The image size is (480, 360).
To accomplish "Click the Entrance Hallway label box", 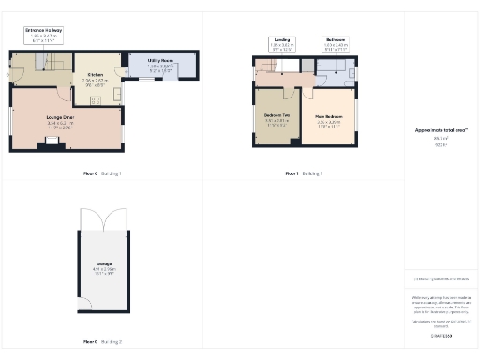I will [44, 35].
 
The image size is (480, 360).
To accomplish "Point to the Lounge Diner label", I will [60, 118].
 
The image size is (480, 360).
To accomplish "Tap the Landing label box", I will [282, 42].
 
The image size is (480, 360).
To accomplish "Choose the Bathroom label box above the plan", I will [336, 42].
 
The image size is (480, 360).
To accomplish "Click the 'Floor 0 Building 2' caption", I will [102, 341].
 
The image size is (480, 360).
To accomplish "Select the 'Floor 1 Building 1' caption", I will [303, 174].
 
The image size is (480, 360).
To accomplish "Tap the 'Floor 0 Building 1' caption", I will [102, 174].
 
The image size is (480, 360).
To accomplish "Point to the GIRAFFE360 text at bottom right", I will [441, 335].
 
